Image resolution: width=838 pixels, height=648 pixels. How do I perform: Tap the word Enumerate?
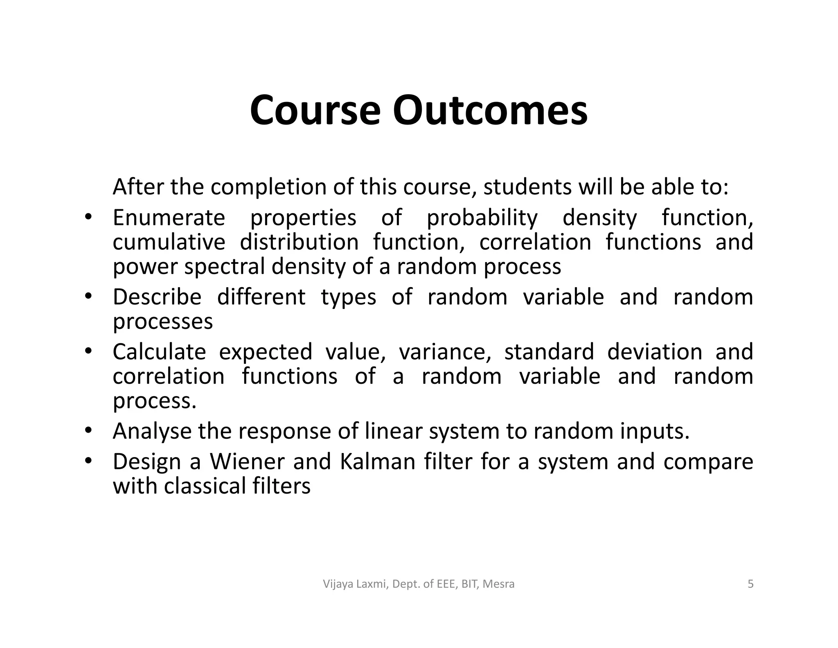point(169,218)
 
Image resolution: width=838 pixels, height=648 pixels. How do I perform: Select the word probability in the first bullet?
point(482,218)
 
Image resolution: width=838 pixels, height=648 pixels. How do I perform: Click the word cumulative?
point(169,242)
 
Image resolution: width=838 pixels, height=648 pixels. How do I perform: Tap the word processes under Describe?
point(162,322)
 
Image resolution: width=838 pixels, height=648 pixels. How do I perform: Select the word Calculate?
point(159,351)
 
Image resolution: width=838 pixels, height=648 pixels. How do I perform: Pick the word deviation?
point(654,351)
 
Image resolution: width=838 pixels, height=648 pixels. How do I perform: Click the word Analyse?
point(152,431)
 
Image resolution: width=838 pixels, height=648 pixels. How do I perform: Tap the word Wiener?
point(247,461)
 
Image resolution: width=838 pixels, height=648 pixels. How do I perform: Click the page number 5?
point(750,584)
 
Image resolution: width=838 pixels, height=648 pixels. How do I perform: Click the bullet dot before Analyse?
point(88,431)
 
